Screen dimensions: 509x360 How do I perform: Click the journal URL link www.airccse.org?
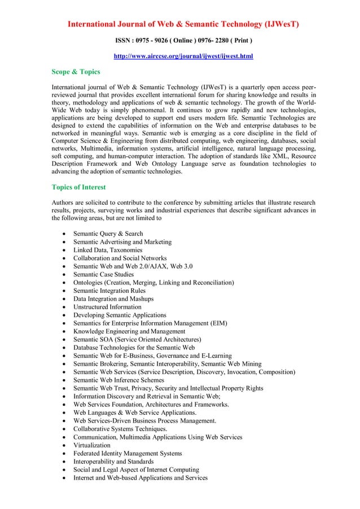click(183, 56)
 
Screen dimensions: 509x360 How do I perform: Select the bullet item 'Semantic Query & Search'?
click(108, 234)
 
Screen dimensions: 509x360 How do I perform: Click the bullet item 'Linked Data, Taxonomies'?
click(107, 250)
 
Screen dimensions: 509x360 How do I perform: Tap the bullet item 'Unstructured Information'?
click(107, 307)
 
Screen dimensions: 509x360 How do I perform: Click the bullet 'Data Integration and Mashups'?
click(113, 299)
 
